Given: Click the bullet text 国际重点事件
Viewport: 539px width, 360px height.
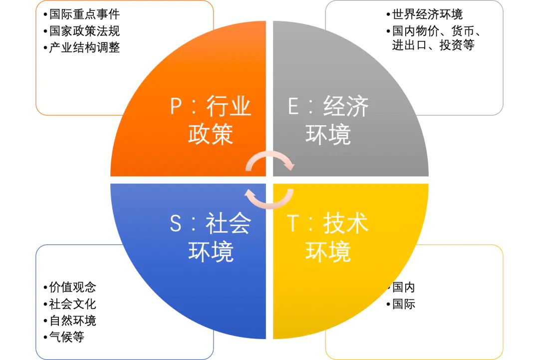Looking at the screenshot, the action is pyautogui.click(x=84, y=14).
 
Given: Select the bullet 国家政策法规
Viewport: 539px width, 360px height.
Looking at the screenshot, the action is pyautogui.click(x=84, y=31).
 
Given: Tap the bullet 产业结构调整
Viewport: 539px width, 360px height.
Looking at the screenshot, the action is pyautogui.click(x=84, y=47).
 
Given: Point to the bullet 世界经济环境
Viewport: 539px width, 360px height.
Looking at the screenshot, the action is pyautogui.click(x=427, y=14).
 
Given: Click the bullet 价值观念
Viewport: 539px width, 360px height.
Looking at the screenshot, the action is pyautogui.click(x=72, y=287).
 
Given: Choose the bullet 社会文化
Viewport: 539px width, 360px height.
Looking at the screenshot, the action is pyautogui.click(x=72, y=304).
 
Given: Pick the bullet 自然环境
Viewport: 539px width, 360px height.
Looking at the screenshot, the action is pyautogui.click(x=72, y=321).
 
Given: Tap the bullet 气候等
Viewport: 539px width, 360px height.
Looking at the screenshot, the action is pyautogui.click(x=67, y=337).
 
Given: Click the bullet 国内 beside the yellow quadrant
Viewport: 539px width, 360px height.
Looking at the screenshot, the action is pyautogui.click(x=404, y=287).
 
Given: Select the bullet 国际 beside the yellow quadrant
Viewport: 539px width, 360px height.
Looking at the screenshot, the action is pyautogui.click(x=404, y=304).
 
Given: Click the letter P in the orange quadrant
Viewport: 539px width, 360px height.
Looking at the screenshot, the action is pyautogui.click(x=176, y=106).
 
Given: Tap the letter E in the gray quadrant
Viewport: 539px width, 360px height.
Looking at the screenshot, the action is pyautogui.click(x=293, y=106).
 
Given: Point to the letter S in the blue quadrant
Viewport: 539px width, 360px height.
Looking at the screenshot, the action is pyautogui.click(x=176, y=224).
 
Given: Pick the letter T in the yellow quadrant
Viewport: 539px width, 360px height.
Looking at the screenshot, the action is pyautogui.click(x=293, y=224).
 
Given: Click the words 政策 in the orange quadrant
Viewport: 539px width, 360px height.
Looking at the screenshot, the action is pyautogui.click(x=211, y=134).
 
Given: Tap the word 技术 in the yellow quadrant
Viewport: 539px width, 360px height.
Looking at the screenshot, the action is pyautogui.click(x=345, y=224).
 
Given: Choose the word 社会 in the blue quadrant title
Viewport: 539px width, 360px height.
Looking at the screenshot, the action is pyautogui.click(x=228, y=224).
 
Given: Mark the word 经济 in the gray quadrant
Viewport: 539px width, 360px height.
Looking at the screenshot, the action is pyautogui.click(x=345, y=106).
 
